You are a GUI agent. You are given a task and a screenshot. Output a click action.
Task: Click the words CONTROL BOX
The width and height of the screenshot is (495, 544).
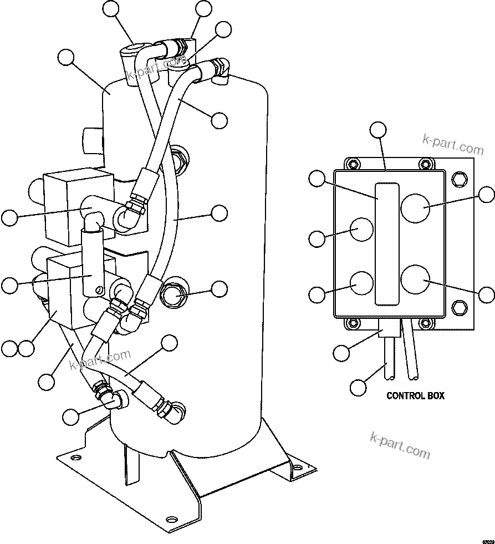pyautogui.click(x=415, y=396)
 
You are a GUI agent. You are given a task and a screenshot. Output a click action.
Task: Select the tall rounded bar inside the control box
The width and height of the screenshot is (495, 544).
pyautogui.click(x=386, y=243)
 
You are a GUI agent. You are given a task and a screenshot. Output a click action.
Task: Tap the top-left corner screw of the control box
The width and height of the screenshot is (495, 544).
pyautogui.click(x=350, y=164)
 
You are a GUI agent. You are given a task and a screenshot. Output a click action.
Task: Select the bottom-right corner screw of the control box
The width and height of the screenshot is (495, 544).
pyautogui.click(x=425, y=322)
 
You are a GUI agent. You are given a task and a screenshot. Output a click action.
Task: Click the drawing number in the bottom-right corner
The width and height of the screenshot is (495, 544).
pyautogui.click(x=487, y=539)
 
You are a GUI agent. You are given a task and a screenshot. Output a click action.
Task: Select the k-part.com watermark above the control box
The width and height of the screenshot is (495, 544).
pyautogui.click(x=452, y=144)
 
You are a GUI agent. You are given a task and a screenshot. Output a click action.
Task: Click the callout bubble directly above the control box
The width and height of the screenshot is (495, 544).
pyautogui.click(x=378, y=130)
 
